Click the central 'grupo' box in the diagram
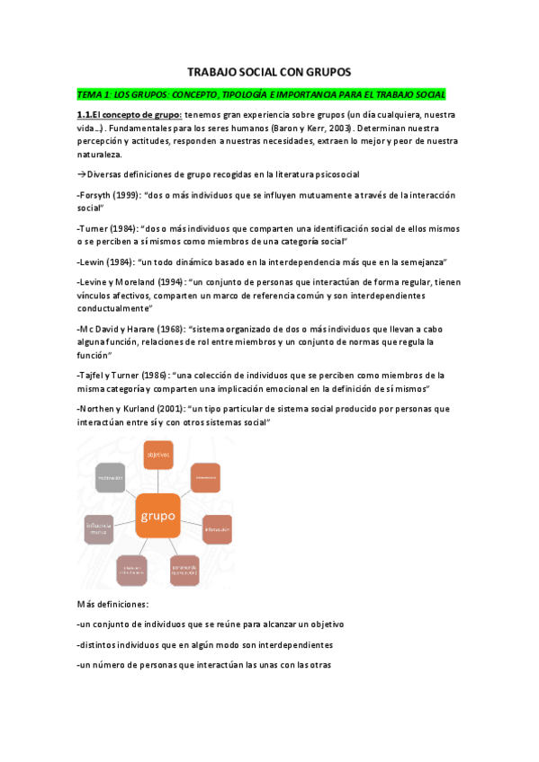click(157, 515)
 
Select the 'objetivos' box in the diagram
click(157, 456)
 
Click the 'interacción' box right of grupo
click(217, 528)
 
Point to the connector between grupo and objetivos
click(157, 481)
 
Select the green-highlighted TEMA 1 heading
click(261, 94)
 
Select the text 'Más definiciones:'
click(112, 604)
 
